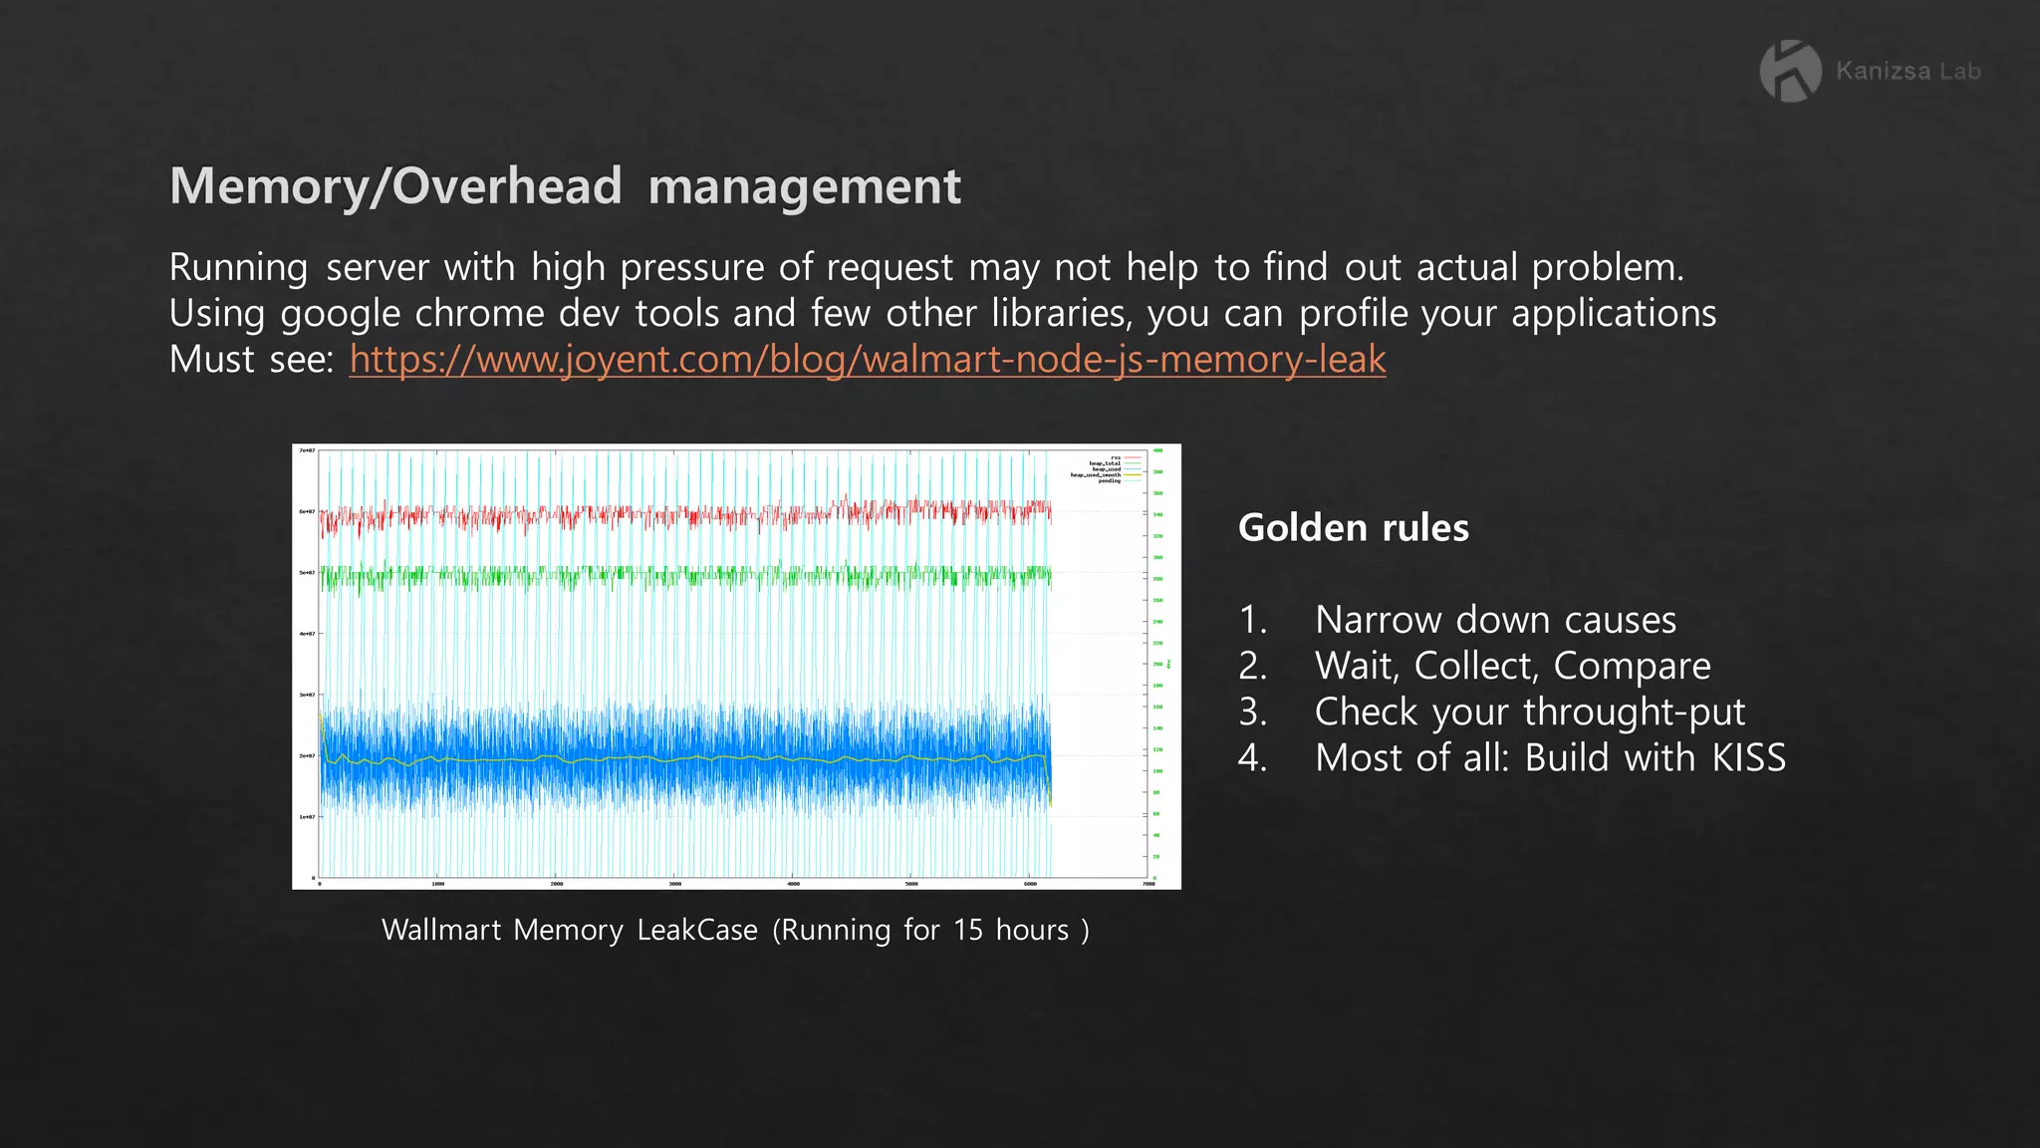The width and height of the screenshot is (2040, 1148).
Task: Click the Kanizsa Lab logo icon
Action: [1790, 71]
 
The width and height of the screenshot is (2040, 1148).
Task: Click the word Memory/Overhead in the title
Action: [395, 186]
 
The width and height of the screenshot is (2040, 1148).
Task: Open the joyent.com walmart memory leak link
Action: [867, 360]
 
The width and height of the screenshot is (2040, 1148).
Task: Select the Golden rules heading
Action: [1353, 527]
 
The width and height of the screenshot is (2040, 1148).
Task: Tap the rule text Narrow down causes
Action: [1494, 620]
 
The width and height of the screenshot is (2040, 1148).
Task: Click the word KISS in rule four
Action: [1748, 758]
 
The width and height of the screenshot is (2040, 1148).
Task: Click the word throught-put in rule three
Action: [1634, 713]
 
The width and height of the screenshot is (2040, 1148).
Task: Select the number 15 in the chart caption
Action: [967, 930]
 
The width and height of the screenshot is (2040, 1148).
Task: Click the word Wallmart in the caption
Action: [441, 930]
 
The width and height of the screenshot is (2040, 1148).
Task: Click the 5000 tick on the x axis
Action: [911, 884]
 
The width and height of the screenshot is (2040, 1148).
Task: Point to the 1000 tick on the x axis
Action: [437, 884]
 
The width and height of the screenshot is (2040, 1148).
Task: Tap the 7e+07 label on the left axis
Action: [307, 451]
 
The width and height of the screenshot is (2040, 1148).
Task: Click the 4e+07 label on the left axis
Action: [307, 634]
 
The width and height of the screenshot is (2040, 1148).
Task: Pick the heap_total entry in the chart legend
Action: [1105, 463]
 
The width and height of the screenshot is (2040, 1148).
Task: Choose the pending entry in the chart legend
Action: [1109, 481]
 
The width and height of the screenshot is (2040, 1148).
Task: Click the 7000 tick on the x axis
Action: [1148, 884]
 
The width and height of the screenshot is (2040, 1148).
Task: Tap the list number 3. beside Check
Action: [1252, 713]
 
